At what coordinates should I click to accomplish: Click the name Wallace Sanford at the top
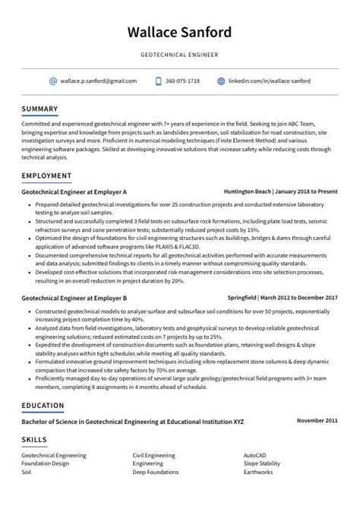pyautogui.click(x=180, y=33)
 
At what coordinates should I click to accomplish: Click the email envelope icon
pyautogui.click(x=53, y=81)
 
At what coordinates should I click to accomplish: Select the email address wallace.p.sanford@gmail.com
pyautogui.click(x=99, y=81)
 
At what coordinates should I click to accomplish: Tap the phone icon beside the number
pyautogui.click(x=158, y=81)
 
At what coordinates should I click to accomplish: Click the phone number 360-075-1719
pyautogui.click(x=182, y=81)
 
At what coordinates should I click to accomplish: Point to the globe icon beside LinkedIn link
pyautogui.click(x=221, y=81)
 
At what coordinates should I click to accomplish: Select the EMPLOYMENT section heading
pyautogui.click(x=47, y=175)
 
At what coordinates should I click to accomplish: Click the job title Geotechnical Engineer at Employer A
pyautogui.click(x=74, y=192)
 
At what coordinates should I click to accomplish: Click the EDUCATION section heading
pyautogui.click(x=44, y=405)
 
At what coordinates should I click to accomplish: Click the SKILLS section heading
pyautogui.click(x=35, y=439)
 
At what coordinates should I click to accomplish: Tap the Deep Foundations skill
pyautogui.click(x=155, y=470)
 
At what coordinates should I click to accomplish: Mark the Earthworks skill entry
pyautogui.click(x=258, y=470)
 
